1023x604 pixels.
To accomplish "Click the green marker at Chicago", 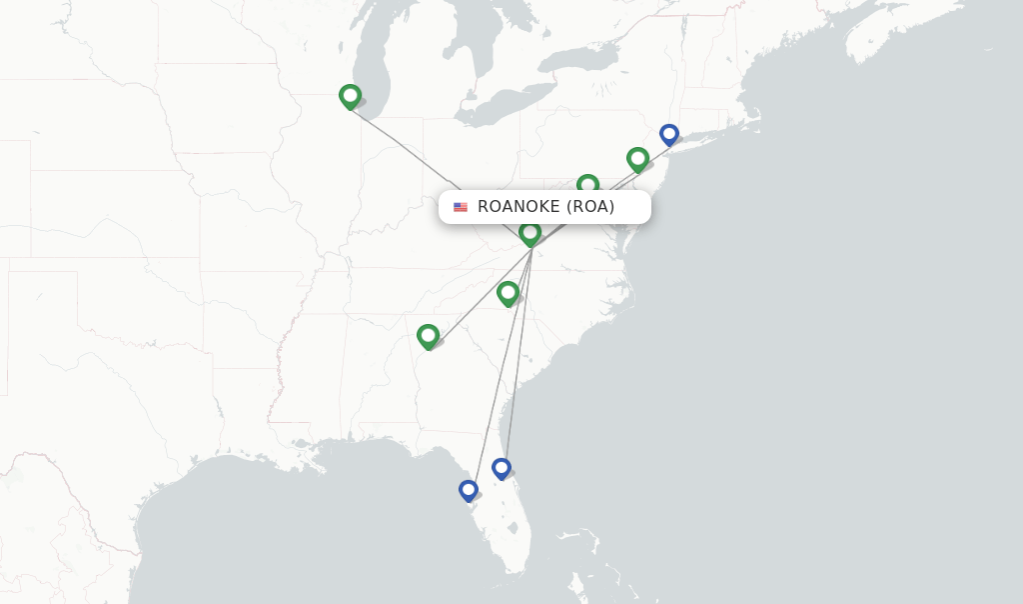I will (350, 96).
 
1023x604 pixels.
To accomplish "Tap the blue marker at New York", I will (669, 134).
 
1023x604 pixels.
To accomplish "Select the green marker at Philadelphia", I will (637, 158).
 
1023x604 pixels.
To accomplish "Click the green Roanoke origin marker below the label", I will (529, 233).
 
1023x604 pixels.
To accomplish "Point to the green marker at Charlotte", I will (508, 293).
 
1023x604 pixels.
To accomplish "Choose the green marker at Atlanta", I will (428, 335).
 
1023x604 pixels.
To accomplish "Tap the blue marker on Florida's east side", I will (502, 467).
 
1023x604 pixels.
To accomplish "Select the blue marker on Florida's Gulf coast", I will (469, 490).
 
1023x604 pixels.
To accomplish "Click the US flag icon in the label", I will (461, 207).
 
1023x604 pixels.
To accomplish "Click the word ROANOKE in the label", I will (518, 207).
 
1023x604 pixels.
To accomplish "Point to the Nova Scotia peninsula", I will (889, 40).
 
